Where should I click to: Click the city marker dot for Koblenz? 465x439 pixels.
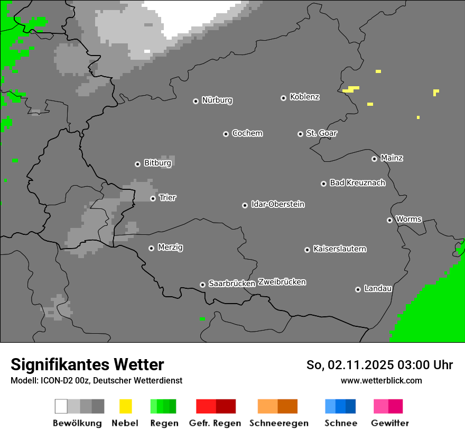click(283, 98)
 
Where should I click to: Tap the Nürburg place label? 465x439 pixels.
click(217, 100)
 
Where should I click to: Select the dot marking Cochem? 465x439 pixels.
click(226, 134)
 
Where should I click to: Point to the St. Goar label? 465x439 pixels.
click(321, 133)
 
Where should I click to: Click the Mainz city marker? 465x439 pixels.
click(374, 159)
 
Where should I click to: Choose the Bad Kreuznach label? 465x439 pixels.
click(357, 183)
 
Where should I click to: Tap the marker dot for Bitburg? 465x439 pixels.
click(137, 164)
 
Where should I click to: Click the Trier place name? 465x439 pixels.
click(168, 198)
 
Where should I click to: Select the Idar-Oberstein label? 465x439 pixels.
click(278, 204)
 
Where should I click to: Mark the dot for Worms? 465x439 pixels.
click(389, 220)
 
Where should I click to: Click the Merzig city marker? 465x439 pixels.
click(151, 248)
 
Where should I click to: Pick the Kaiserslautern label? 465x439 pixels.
click(340, 249)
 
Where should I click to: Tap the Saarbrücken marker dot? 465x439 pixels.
click(202, 285)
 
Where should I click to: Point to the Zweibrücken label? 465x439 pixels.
click(282, 282)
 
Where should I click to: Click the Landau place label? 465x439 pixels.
click(378, 289)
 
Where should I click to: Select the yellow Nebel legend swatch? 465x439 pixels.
click(125, 406)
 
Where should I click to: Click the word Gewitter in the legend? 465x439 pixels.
click(390, 423)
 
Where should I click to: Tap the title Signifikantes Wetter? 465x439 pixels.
click(87, 365)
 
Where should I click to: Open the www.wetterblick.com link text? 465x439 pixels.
click(381, 380)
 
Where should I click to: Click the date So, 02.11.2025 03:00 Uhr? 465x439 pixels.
click(379, 365)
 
